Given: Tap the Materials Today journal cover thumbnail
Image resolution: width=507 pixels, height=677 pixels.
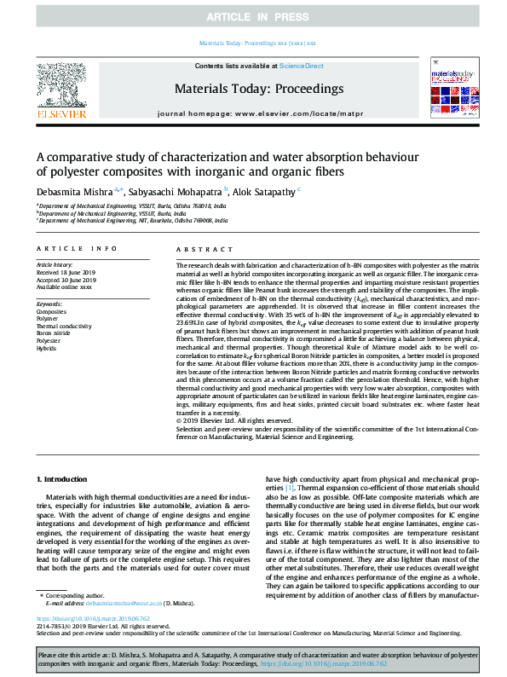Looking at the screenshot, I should [x=453, y=88].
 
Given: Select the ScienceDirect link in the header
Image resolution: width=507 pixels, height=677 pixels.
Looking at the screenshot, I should [x=302, y=66].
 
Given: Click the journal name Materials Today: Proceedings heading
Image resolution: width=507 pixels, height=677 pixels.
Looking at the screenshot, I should [x=258, y=89].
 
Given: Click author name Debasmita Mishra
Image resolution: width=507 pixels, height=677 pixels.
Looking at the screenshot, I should [x=70, y=192].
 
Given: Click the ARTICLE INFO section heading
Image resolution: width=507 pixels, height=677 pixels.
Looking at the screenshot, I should [x=77, y=248].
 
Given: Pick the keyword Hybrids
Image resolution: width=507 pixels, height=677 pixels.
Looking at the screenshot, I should [x=48, y=348].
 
